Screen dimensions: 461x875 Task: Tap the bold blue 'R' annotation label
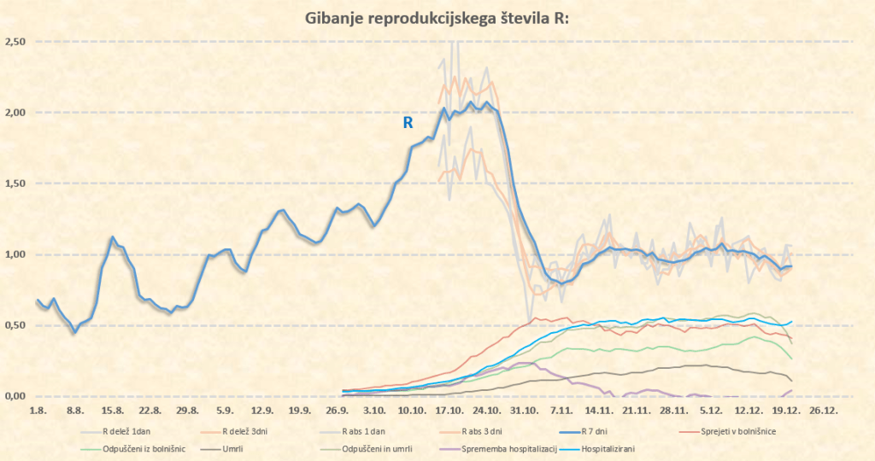click(408, 123)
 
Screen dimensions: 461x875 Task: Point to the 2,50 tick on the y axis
click(15, 42)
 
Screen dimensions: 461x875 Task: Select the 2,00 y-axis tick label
click(15, 113)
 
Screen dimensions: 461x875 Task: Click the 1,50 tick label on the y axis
click(15, 184)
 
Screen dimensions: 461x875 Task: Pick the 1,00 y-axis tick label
click(15, 254)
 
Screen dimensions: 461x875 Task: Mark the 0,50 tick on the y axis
click(15, 325)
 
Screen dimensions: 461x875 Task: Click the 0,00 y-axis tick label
click(15, 396)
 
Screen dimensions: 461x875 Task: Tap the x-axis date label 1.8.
click(38, 410)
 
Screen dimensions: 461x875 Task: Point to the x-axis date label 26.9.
click(338, 410)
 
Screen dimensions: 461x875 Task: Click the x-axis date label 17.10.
click(450, 410)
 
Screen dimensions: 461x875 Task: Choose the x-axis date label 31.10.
click(526, 410)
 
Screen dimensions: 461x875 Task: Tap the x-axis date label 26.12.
click(825, 410)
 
